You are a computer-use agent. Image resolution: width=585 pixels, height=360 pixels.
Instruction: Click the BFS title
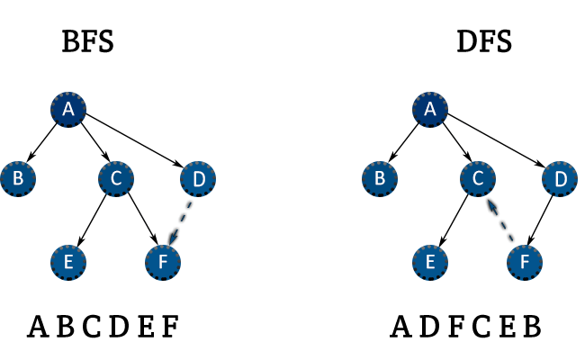pyautogui.click(x=87, y=41)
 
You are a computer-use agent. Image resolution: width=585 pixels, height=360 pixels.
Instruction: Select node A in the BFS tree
pyautogui.click(x=67, y=110)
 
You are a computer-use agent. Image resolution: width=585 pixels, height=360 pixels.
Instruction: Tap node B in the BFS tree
pyautogui.click(x=17, y=179)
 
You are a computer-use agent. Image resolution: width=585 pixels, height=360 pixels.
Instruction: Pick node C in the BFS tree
pyautogui.click(x=116, y=179)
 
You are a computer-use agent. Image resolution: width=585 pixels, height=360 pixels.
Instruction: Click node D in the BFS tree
pyautogui.click(x=198, y=179)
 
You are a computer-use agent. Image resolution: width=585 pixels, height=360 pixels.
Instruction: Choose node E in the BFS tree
pyautogui.click(x=67, y=261)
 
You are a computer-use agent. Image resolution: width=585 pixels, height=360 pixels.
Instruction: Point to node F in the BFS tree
pyautogui.click(x=163, y=261)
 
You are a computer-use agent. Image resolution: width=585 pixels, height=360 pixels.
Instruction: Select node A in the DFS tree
pyautogui.click(x=429, y=110)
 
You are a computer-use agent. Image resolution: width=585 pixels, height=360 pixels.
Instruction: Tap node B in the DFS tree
pyautogui.click(x=379, y=179)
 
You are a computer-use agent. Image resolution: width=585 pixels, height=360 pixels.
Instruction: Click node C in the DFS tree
pyautogui.click(x=478, y=179)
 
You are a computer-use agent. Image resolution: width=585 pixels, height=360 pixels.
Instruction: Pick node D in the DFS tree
pyautogui.click(x=560, y=179)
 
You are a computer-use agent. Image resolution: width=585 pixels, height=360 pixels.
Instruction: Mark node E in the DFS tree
pyautogui.click(x=429, y=261)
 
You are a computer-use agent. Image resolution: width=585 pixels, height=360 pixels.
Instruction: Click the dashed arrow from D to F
pyautogui.click(x=181, y=220)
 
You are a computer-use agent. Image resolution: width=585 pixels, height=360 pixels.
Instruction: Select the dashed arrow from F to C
pyautogui.click(x=500, y=220)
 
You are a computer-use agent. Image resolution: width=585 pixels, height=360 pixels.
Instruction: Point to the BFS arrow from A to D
pyautogui.click(x=133, y=137)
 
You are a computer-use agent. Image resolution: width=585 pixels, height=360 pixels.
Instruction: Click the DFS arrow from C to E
pyautogui.click(x=454, y=220)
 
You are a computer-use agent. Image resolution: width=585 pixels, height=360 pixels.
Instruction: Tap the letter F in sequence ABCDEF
pyautogui.click(x=170, y=325)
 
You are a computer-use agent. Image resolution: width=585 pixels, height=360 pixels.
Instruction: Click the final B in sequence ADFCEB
pyautogui.click(x=532, y=325)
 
